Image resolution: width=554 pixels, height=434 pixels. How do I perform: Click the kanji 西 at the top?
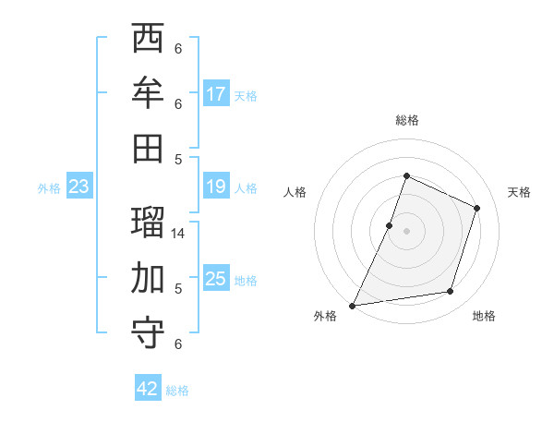149,40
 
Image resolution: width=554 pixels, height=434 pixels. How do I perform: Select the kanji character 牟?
149,93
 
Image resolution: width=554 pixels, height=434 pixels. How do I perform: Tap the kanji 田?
149,148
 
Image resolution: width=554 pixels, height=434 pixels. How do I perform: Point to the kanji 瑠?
149,223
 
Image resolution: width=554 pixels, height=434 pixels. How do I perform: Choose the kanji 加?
149,277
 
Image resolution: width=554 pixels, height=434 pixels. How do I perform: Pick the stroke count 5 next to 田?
178,159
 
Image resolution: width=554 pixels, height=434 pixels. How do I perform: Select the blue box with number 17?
216,94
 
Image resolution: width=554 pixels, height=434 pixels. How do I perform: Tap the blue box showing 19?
216,187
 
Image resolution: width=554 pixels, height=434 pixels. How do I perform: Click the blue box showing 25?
216,279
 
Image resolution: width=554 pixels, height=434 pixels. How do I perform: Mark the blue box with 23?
78,187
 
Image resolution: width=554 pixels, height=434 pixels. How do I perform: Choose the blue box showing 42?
148,389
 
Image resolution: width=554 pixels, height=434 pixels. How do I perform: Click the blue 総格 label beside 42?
177,391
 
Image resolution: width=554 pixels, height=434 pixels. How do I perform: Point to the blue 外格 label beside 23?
49,188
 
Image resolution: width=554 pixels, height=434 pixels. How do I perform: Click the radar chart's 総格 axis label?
406,120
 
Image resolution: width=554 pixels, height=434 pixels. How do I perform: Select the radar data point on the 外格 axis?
353,305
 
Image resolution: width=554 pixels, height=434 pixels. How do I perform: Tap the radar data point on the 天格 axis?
477,208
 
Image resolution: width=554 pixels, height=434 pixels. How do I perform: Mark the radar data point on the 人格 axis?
390,225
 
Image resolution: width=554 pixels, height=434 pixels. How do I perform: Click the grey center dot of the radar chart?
406,231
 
